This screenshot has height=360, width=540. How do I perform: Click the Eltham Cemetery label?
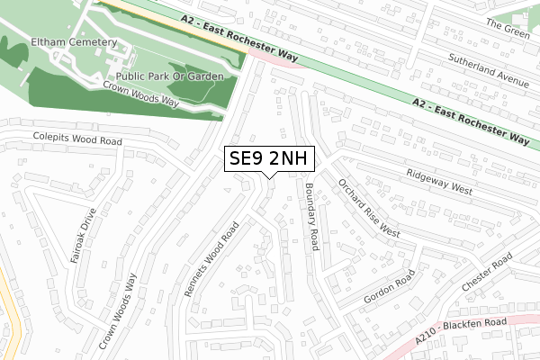(x=74, y=41)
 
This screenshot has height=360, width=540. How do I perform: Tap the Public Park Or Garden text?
(x=168, y=76)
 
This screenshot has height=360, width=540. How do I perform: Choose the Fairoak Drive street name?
(x=83, y=236)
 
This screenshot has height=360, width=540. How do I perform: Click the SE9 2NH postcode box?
(x=269, y=159)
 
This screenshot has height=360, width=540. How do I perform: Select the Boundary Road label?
(x=312, y=216)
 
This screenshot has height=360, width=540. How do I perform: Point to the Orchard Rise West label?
(x=368, y=206)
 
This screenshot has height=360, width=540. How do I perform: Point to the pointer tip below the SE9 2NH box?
(x=269, y=177)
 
